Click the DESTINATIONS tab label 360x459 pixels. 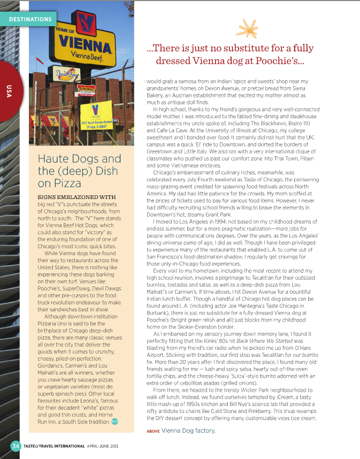[30, 19]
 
